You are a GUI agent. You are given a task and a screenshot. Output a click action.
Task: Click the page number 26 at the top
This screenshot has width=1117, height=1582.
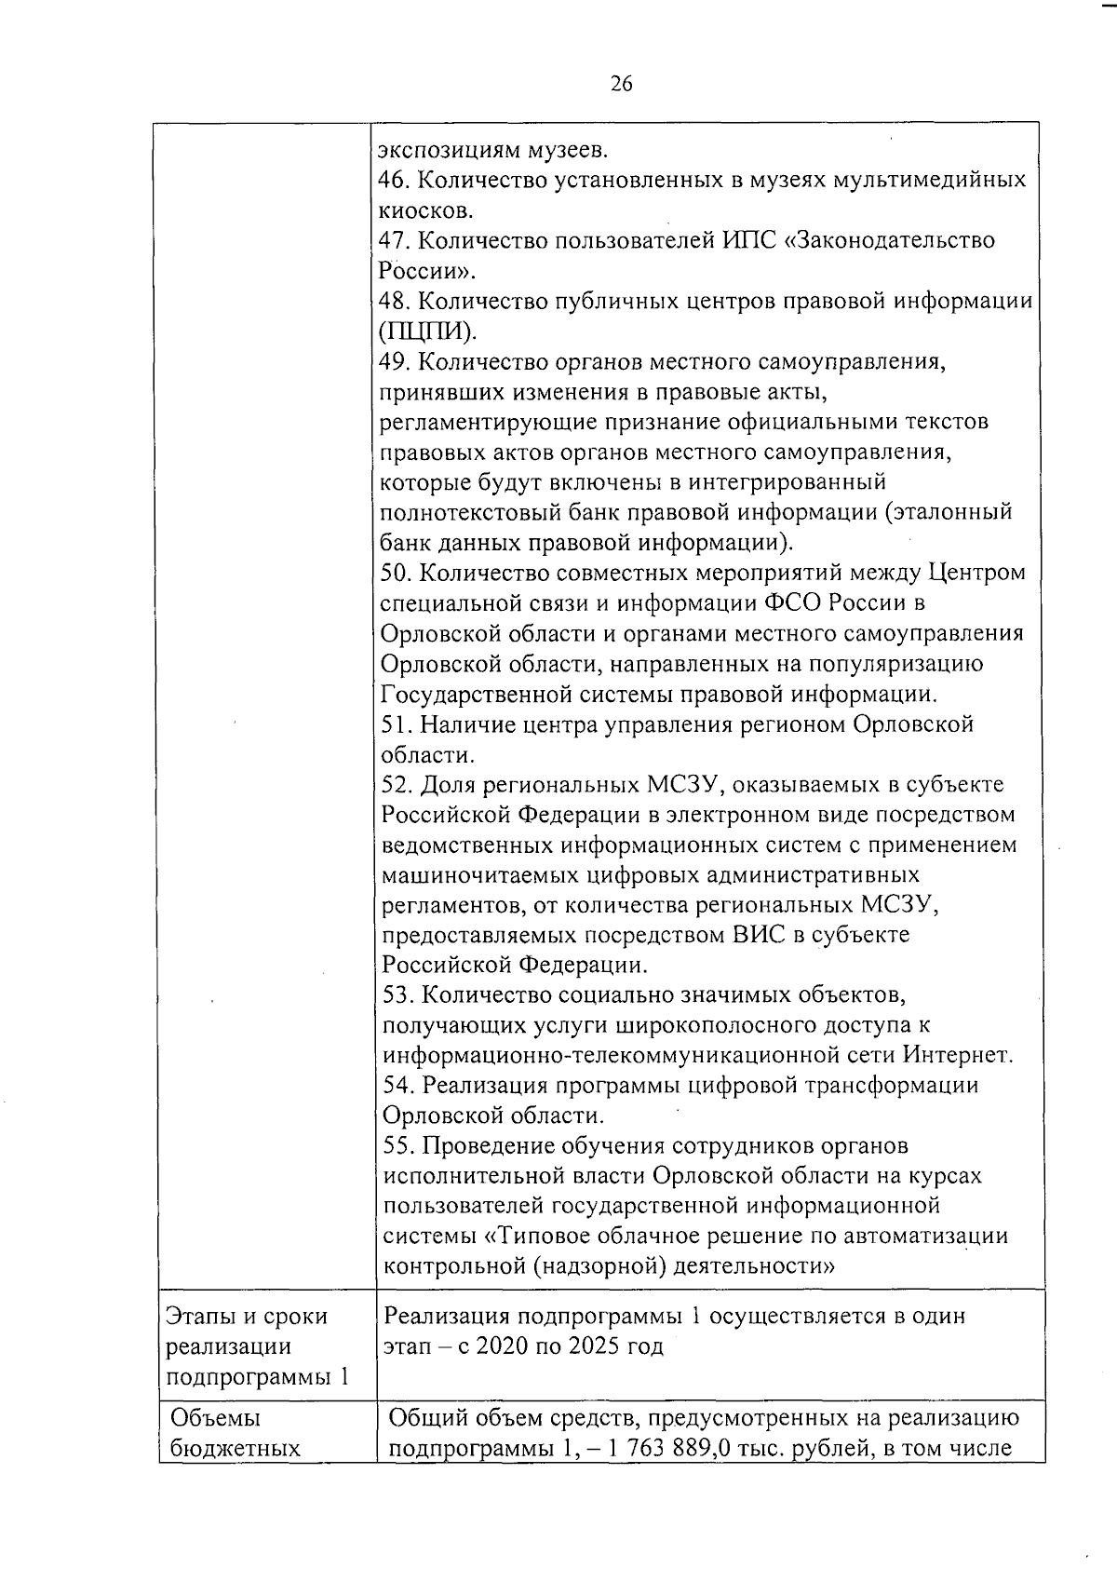[621, 84]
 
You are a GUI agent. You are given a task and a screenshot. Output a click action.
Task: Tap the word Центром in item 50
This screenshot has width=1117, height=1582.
[976, 573]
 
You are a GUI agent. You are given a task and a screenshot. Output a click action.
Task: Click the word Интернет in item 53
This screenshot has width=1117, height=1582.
[955, 1056]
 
